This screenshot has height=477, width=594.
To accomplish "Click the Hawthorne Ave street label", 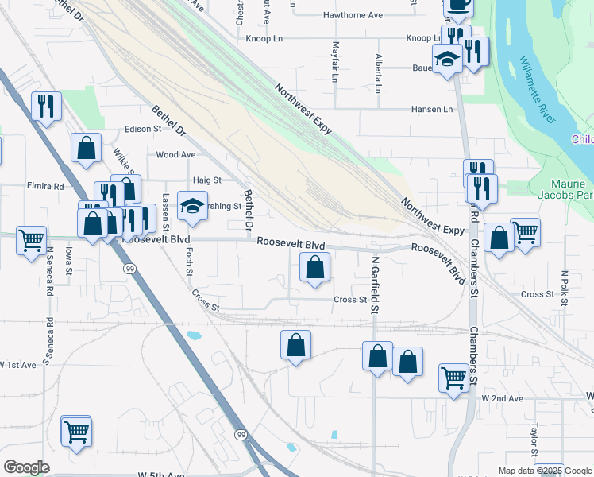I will [x=353, y=15].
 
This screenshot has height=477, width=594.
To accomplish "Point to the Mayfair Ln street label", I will [x=335, y=63].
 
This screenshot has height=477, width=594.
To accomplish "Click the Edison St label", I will [x=143, y=130].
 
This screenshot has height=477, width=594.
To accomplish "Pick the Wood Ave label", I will [x=175, y=155].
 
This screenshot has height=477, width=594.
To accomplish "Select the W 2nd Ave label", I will [x=501, y=398].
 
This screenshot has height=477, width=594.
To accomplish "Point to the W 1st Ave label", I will [x=18, y=365].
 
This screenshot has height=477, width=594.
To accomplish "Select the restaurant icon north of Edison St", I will [x=46, y=105].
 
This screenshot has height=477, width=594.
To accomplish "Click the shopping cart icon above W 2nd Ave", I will [x=454, y=377].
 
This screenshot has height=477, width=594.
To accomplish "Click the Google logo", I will [x=26, y=468].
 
